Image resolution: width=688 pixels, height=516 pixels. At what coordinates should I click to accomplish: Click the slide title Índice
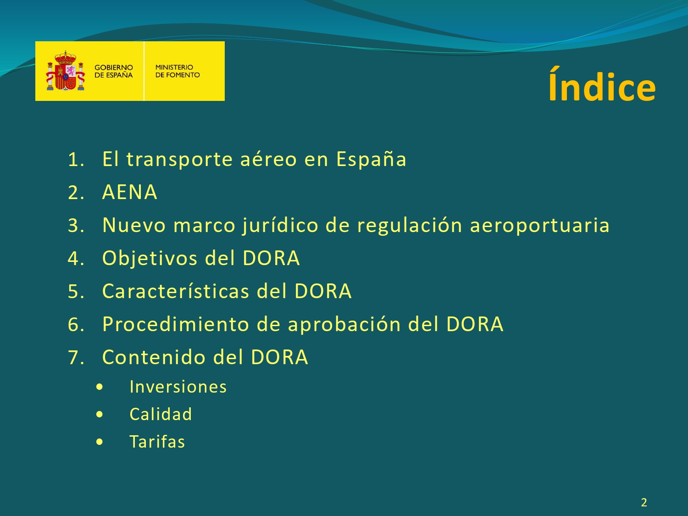[x=602, y=84]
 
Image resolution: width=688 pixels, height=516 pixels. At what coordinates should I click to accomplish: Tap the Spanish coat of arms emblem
[x=65, y=71]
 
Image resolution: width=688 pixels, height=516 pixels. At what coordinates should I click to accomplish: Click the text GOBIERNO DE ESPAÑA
[x=113, y=71]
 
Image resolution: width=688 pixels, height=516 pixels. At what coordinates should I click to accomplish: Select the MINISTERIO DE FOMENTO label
[x=178, y=71]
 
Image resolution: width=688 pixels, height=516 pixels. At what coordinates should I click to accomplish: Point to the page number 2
[x=644, y=503]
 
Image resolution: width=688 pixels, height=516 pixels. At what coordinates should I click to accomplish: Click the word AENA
[x=130, y=192]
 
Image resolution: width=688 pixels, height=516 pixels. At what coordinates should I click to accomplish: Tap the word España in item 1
[x=371, y=160]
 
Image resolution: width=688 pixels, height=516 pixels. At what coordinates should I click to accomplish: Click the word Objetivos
[x=150, y=259]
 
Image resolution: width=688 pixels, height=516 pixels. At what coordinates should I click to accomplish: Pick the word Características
[x=176, y=291]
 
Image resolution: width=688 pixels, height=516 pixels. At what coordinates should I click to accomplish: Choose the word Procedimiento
[x=176, y=324]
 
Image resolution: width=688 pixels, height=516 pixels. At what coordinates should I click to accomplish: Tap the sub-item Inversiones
[x=178, y=387]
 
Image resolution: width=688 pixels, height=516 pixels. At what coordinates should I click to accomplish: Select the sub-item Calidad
[x=161, y=414]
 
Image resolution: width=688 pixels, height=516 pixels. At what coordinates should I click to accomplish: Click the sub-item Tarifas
[x=157, y=442]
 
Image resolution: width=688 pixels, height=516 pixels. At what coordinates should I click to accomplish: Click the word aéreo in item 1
[x=268, y=159]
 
